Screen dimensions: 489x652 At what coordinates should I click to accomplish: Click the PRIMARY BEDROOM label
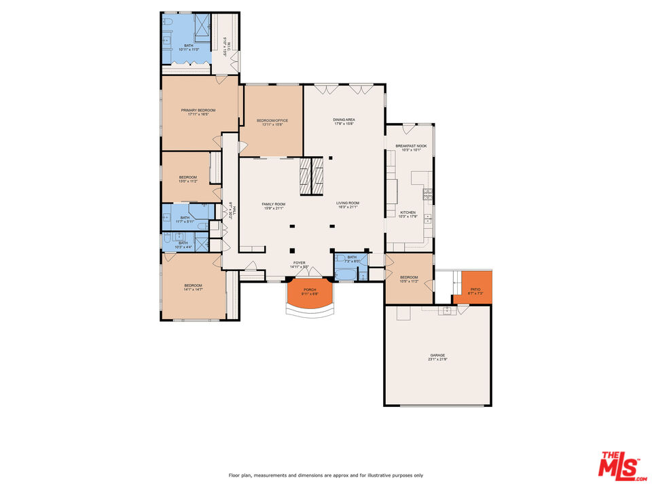(198, 110)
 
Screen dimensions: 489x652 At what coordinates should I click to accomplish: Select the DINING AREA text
(344, 120)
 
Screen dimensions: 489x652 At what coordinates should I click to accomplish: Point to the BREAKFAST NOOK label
(411, 146)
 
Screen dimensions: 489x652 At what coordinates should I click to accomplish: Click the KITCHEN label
(407, 213)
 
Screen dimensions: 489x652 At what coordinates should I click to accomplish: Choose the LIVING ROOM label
(347, 203)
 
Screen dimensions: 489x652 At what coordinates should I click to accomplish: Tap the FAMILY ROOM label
(274, 204)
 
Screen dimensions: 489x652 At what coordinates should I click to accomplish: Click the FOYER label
(299, 263)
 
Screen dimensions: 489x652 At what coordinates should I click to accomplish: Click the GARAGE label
(437, 355)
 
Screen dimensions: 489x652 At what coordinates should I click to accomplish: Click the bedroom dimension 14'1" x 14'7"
(194, 290)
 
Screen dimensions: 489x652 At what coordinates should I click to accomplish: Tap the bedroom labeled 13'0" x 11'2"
(187, 181)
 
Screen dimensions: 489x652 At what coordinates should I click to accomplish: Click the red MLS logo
(619, 466)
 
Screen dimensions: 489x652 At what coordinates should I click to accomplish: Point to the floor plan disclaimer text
(326, 475)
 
